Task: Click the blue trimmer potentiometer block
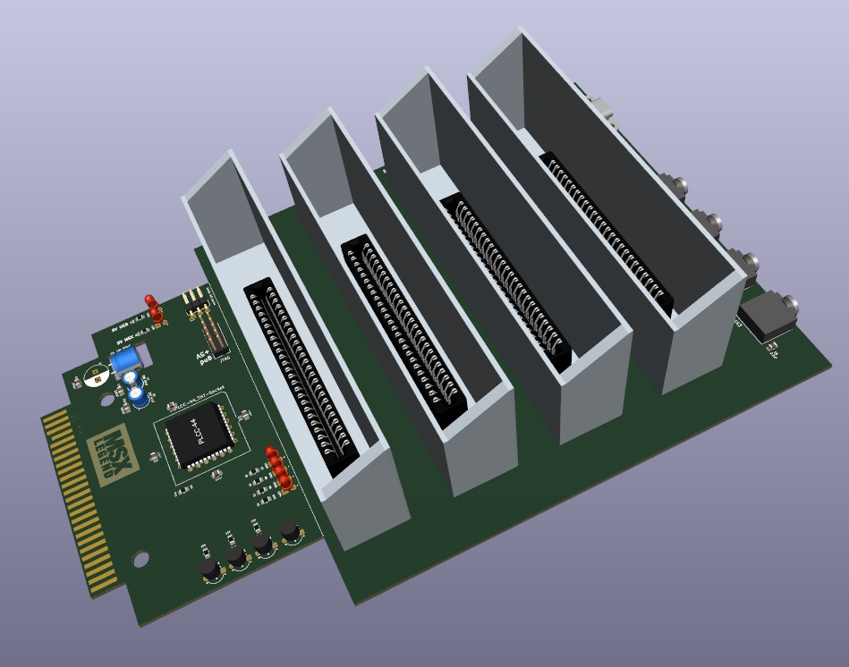click(125, 360)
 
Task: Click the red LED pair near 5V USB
click(155, 309)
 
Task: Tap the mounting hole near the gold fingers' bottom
click(140, 560)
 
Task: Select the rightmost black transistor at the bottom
click(289, 532)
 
